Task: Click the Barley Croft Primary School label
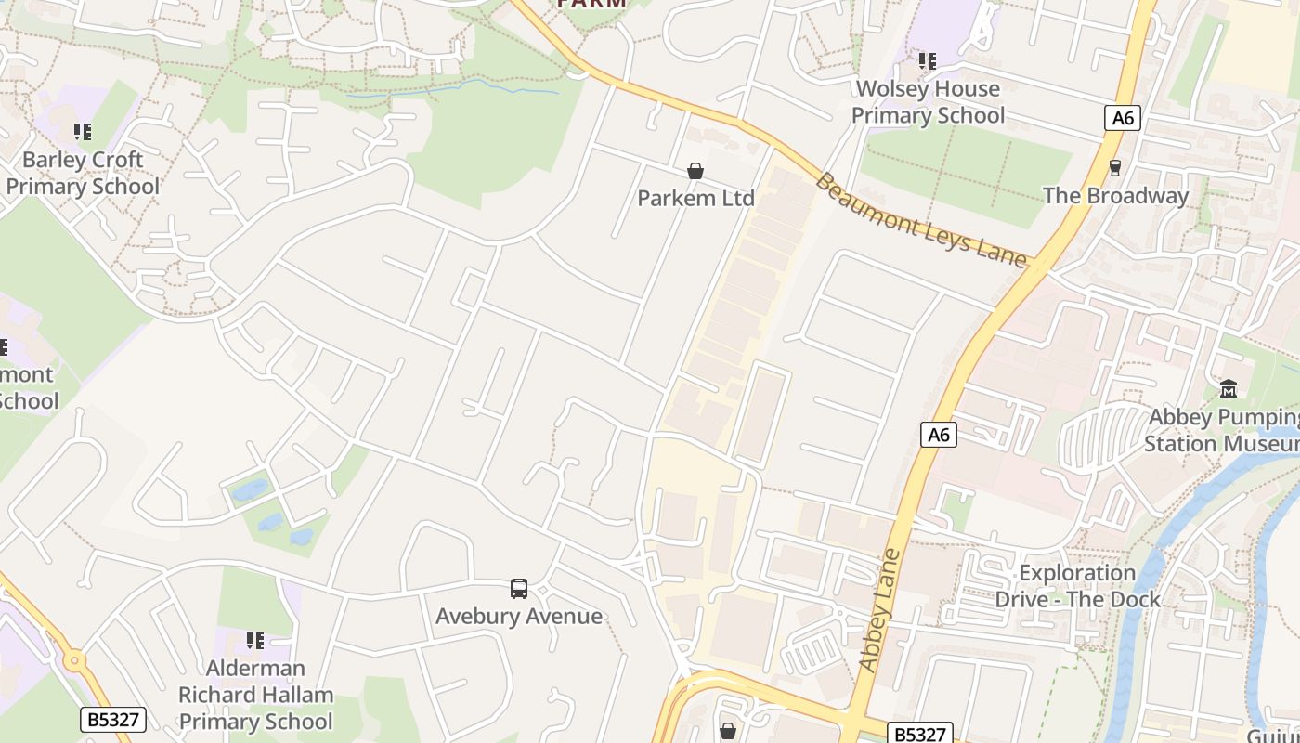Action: coord(83,173)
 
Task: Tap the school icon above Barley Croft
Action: coord(83,132)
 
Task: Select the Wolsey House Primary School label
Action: coord(928,102)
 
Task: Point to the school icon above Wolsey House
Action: coord(927,61)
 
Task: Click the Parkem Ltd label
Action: coord(695,198)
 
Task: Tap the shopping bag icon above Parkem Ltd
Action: coord(695,171)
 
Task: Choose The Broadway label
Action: coord(1115,196)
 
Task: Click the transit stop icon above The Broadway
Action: coord(1115,168)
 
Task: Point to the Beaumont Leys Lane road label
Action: coord(923,219)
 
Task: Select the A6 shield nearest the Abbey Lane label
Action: coord(939,434)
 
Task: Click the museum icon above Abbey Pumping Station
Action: coord(1228,388)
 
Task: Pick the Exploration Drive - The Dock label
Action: coord(1077,586)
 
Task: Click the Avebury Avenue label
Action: coord(519,616)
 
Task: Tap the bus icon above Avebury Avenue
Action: coord(519,588)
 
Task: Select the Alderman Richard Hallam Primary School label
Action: coord(255,695)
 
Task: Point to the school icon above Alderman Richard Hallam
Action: coord(255,640)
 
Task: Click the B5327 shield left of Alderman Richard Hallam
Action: coord(113,719)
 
